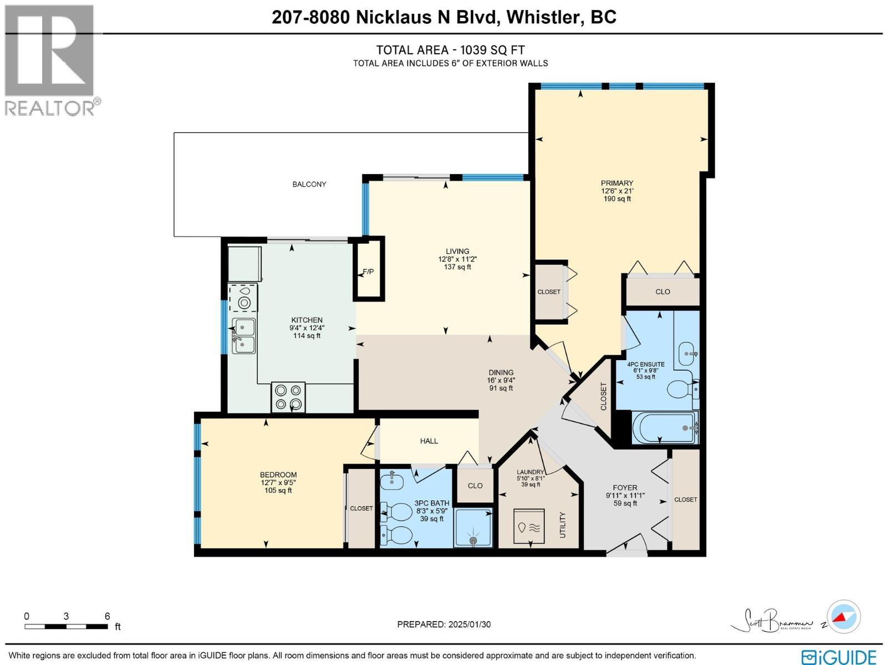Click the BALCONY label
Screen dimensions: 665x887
309,184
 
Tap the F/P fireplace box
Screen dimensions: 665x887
369,270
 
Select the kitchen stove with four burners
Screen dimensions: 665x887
288,397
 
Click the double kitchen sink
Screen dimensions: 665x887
243,336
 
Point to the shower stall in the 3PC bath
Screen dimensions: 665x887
473,528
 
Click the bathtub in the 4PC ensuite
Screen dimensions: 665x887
664,428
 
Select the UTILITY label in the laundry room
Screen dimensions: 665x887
563,524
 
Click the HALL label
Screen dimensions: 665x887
429,441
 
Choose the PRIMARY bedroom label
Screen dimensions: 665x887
616,183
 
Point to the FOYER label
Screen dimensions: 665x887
625,488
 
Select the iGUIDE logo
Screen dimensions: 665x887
842,656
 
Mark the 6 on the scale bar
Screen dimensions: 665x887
108,616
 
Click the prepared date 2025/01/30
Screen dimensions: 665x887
469,625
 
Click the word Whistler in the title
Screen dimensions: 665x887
543,17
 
